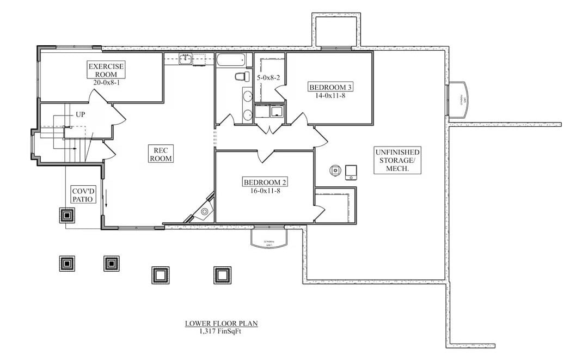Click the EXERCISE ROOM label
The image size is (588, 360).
(106, 70)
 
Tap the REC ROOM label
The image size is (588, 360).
(162, 154)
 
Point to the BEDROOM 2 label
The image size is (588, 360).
(265, 182)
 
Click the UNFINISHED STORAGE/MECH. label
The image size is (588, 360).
(397, 160)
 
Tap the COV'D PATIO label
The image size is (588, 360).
(84, 195)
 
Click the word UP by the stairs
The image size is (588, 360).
(80, 115)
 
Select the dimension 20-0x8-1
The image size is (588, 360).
(106, 82)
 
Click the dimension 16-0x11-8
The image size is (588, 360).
(265, 190)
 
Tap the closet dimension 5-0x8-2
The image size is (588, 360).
(268, 78)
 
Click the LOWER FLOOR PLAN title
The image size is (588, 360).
(221, 324)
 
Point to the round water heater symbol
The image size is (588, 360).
(334, 170)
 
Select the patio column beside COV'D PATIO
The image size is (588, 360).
(66, 215)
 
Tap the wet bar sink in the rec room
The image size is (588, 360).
(186, 59)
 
